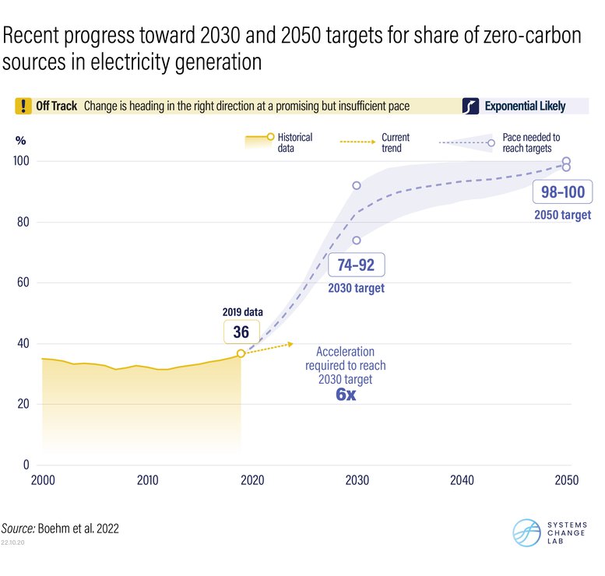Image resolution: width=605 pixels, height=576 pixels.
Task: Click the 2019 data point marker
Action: coord(241,353)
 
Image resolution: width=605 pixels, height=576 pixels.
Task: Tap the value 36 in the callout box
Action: coord(241,332)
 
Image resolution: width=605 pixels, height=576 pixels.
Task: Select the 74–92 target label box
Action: coord(356,265)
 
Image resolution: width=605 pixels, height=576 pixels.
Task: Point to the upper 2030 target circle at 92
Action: coord(357,185)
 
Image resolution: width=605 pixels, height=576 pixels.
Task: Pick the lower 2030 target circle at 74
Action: coord(357,241)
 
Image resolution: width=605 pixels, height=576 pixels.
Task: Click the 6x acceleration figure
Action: coord(345,395)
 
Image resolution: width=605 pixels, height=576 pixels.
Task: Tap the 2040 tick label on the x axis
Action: coord(462,480)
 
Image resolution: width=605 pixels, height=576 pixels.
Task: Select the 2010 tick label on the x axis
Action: coord(147,480)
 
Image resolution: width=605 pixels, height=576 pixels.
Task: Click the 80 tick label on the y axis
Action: coord(23,222)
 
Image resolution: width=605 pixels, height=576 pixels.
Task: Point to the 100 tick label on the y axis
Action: coord(20,161)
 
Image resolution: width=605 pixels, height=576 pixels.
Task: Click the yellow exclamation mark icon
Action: coord(24,106)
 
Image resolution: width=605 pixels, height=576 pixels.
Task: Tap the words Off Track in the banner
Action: coord(57,106)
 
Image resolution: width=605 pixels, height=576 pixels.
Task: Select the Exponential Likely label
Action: coord(525,106)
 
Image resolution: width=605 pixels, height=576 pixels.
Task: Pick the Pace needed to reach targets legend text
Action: coord(531,142)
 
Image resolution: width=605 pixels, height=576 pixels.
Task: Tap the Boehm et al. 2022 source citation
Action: coord(85,529)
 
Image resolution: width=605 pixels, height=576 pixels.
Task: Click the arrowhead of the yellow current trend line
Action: coord(291,343)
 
